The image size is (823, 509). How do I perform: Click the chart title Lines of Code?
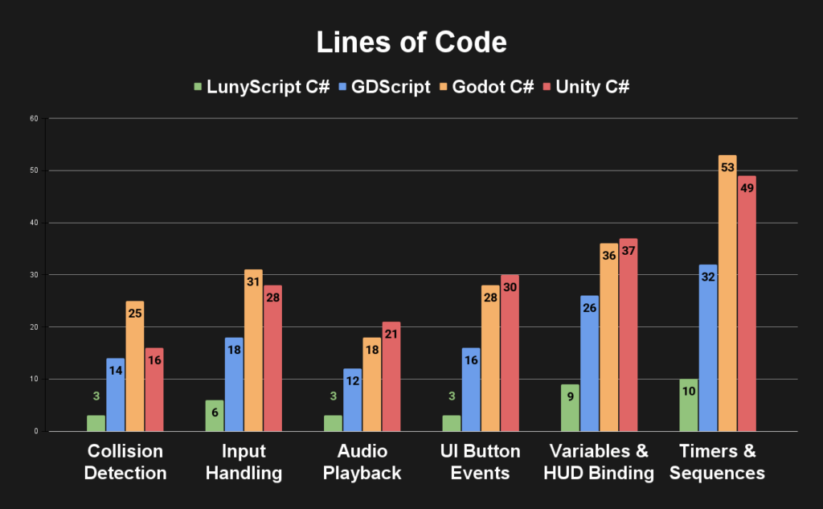[x=411, y=43]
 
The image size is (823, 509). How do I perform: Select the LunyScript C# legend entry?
[x=262, y=87]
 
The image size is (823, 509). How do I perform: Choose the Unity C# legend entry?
[x=586, y=87]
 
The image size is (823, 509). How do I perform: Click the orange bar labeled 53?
[x=727, y=293]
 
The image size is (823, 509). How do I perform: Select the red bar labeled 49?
[x=747, y=303]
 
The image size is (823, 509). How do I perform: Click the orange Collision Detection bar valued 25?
[x=135, y=366]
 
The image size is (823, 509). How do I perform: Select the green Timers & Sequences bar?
[x=688, y=404]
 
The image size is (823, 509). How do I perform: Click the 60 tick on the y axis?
[x=33, y=119]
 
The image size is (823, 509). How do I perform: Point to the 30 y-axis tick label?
[x=33, y=275]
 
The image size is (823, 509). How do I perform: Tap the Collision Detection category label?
[x=125, y=462]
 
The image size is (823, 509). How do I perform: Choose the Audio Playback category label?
[x=362, y=462]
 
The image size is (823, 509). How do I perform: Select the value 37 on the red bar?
[x=628, y=251]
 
